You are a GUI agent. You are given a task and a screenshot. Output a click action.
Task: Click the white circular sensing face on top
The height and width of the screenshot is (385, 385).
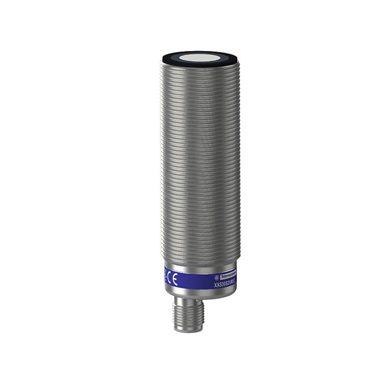point(200,58)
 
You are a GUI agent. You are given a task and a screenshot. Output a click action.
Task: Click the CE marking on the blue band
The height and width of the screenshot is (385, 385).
point(173,279)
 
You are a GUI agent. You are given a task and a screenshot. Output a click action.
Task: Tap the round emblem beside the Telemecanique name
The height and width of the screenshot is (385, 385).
point(216,277)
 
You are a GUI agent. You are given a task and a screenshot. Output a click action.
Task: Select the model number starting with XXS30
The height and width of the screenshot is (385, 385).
point(225,284)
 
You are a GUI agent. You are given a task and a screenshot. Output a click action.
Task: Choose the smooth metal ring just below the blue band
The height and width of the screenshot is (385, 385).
point(200,292)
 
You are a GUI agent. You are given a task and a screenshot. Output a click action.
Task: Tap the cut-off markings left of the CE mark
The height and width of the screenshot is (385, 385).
point(166,278)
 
